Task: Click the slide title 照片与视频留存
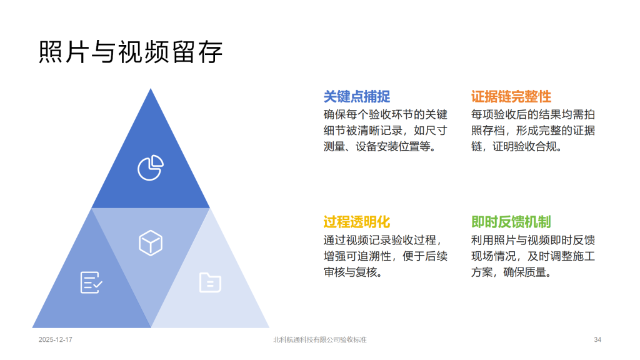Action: (x=131, y=52)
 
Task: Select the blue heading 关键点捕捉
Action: (x=357, y=97)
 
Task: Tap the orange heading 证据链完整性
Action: (x=511, y=97)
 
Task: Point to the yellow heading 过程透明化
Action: (x=357, y=222)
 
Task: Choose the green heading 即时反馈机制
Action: (x=511, y=222)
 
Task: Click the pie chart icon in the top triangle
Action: (x=151, y=167)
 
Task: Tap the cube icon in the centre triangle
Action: (x=151, y=243)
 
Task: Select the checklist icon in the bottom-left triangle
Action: (x=91, y=282)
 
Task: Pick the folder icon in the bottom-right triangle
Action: (x=210, y=282)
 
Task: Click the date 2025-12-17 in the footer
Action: (x=56, y=339)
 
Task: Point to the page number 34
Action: (x=597, y=339)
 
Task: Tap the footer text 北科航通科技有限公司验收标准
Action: (x=320, y=339)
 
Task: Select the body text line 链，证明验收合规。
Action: (x=517, y=146)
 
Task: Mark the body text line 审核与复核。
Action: (x=354, y=272)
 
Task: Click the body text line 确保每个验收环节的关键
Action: (x=385, y=115)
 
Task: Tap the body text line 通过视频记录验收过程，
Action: (x=383, y=241)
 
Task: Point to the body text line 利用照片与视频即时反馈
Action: (x=533, y=241)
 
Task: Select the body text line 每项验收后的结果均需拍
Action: (x=533, y=115)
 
